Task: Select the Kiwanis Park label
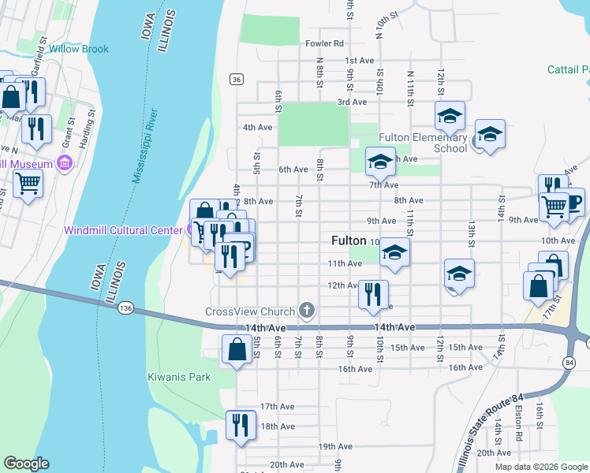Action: [179, 377]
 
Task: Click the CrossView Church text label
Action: [248, 311]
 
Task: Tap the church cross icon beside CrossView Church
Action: [307, 311]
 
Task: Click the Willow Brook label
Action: [79, 49]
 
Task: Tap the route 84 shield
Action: [569, 362]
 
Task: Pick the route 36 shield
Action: [237, 79]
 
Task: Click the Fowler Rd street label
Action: [326, 44]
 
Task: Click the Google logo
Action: [26, 464]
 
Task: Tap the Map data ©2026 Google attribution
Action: [541, 467]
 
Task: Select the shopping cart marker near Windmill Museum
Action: [28, 183]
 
